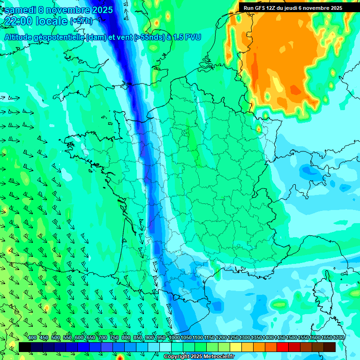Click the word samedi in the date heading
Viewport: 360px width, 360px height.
[x=21, y=10]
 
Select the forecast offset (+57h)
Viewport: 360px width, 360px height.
[x=81, y=21]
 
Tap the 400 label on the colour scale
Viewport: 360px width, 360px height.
[x=32, y=338]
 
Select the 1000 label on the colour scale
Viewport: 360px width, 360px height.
[x=174, y=338]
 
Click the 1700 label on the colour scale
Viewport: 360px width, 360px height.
[x=338, y=338]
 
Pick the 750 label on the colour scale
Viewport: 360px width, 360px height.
[x=114, y=338]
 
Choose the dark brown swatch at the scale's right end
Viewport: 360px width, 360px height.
[x=330, y=347]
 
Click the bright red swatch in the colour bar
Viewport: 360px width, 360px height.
[x=283, y=347]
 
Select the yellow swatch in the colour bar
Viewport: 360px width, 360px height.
[x=236, y=347]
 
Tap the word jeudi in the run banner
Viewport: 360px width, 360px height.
[x=291, y=8]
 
